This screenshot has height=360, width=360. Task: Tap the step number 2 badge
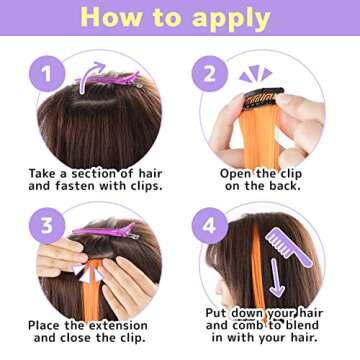(x=209, y=73)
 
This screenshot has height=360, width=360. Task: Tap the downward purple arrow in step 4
(x=276, y=275)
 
